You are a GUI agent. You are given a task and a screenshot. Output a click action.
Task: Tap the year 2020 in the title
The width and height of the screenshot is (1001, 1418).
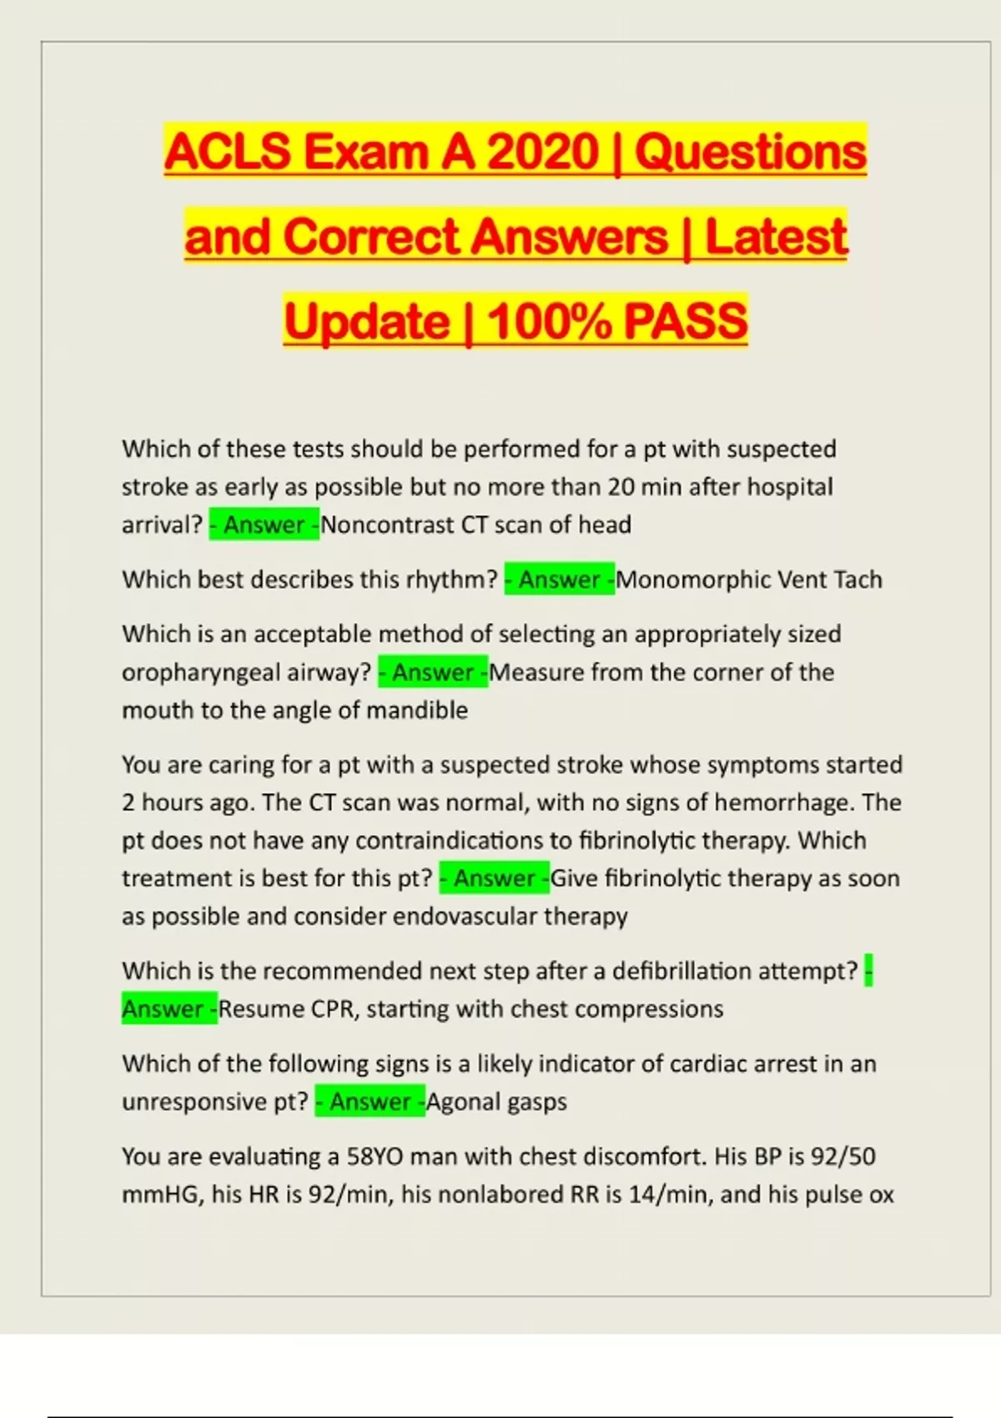point(543,153)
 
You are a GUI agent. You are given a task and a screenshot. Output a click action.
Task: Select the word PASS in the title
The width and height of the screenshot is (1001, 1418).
point(685,322)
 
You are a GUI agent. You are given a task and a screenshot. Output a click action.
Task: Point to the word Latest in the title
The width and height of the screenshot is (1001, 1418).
point(776,237)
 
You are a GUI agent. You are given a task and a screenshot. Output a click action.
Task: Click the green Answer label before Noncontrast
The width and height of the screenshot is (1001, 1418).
point(264,525)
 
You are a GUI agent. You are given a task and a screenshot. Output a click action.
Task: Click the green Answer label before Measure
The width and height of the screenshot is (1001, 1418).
point(433,672)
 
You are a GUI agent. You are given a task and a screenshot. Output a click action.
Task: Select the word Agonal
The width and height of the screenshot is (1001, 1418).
point(461,1102)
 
